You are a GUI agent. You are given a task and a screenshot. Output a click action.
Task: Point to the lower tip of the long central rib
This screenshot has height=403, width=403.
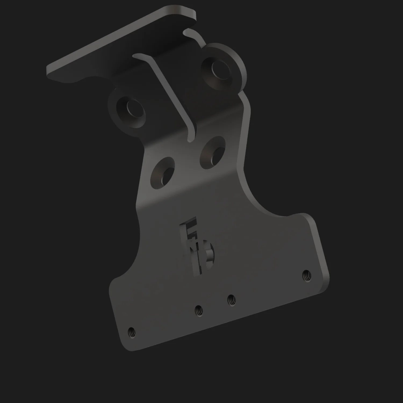[190, 139]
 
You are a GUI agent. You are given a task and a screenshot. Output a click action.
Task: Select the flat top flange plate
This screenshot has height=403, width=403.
[121, 46]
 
